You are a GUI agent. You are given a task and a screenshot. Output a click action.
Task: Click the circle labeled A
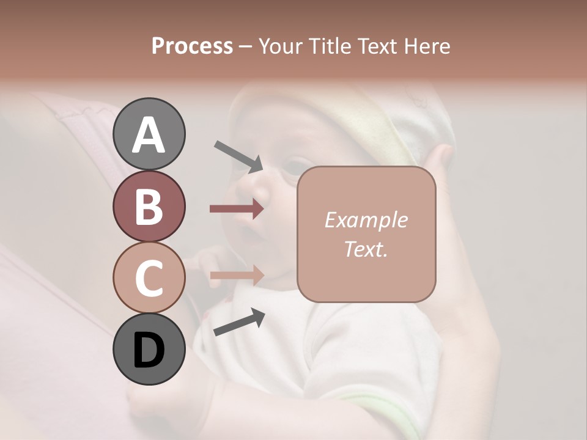[x=149, y=134]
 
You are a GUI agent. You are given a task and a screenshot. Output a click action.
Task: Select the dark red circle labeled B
[x=149, y=206]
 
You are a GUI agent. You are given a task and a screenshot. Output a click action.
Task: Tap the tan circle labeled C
[x=149, y=277]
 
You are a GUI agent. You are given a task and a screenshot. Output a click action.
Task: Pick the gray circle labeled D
[x=149, y=349]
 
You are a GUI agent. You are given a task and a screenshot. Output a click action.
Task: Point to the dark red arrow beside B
[x=237, y=209]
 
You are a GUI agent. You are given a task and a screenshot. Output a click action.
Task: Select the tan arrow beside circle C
[x=237, y=275]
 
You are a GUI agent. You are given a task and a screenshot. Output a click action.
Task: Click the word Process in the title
[x=192, y=46]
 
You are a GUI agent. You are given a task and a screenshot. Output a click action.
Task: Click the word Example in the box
[x=366, y=220]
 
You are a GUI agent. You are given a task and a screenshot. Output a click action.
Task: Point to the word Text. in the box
[x=366, y=249]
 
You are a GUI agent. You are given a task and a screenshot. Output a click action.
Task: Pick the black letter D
[x=149, y=350]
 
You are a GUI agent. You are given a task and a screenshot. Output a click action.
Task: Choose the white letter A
[x=149, y=135]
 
